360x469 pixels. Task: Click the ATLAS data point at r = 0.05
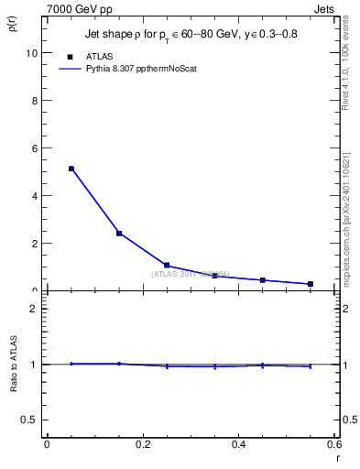tap(71, 169)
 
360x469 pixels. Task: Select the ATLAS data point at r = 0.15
tap(119, 234)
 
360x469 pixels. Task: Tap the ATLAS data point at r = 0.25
tap(167, 265)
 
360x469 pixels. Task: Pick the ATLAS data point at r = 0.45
tap(263, 280)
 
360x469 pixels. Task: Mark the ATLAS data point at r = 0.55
tap(311, 284)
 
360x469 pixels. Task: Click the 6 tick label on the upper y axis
tap(34, 148)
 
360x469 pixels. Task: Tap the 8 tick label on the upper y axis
tap(34, 101)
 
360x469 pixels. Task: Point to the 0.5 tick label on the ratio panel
tap(29, 420)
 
